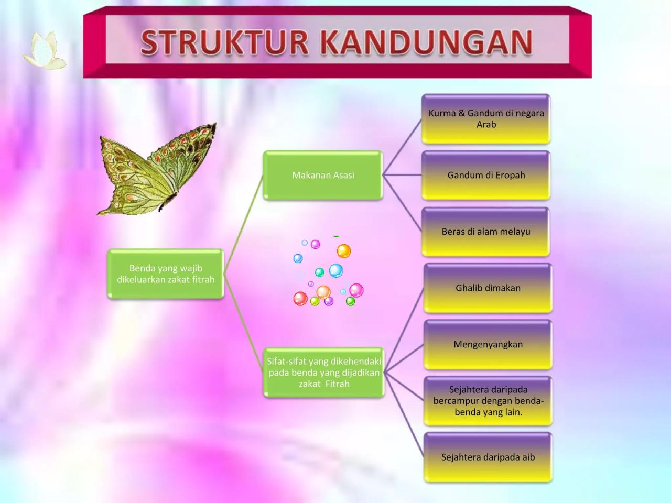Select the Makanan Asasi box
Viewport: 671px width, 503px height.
(323, 175)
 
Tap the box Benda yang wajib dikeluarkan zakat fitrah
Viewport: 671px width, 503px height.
(166, 274)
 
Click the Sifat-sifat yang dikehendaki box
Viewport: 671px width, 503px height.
(324, 372)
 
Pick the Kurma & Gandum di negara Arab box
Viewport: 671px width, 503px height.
(486, 118)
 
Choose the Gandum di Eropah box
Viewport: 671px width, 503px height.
(486, 175)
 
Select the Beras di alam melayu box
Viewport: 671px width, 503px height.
(486, 232)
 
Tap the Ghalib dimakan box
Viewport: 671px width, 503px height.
(488, 288)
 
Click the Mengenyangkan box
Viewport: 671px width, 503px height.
(488, 344)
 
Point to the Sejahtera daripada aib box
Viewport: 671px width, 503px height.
(488, 457)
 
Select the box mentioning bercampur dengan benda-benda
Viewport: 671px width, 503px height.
(488, 401)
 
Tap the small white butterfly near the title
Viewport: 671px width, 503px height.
(44, 51)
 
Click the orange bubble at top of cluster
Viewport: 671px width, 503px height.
(343, 251)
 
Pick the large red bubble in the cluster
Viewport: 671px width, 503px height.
(300, 299)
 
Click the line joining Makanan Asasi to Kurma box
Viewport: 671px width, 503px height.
(402, 147)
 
